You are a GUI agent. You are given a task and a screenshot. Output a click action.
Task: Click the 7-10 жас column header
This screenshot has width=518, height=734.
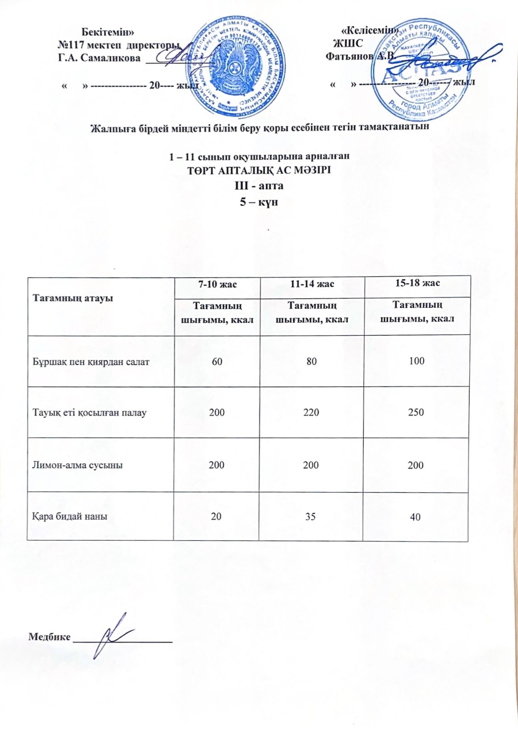click(217, 284)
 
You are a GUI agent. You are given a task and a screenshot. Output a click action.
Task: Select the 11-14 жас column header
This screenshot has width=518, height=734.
click(312, 284)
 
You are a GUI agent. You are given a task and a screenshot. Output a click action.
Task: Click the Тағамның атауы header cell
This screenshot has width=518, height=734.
click(72, 298)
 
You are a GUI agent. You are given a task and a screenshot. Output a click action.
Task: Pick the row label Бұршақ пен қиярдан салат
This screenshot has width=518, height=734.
click(91, 361)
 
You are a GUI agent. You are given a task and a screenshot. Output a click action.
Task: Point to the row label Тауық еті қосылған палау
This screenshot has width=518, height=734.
click(89, 412)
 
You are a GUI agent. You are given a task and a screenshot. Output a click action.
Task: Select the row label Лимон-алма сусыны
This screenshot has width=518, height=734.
click(78, 465)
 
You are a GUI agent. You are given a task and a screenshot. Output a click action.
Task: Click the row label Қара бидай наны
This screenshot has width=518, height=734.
click(70, 516)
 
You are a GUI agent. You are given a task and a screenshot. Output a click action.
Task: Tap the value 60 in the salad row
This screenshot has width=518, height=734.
click(217, 361)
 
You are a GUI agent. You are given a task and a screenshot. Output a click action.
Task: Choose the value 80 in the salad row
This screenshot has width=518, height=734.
click(312, 361)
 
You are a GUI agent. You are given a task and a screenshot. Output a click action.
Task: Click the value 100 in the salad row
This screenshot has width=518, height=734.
click(417, 361)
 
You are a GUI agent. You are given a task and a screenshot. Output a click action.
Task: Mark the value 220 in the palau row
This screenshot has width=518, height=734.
click(311, 412)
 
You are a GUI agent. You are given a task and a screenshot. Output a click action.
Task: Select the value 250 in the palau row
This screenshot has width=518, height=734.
click(416, 412)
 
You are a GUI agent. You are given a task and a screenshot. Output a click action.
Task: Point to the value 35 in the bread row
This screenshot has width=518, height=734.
click(311, 516)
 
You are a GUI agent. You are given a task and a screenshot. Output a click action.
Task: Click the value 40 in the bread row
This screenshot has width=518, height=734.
click(415, 517)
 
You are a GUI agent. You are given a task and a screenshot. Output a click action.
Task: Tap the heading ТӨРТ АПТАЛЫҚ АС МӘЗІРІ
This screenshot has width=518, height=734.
click(259, 171)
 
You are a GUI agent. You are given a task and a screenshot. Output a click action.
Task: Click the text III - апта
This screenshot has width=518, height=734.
click(259, 186)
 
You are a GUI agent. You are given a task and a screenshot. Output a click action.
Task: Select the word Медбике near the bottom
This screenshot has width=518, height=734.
click(50, 637)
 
